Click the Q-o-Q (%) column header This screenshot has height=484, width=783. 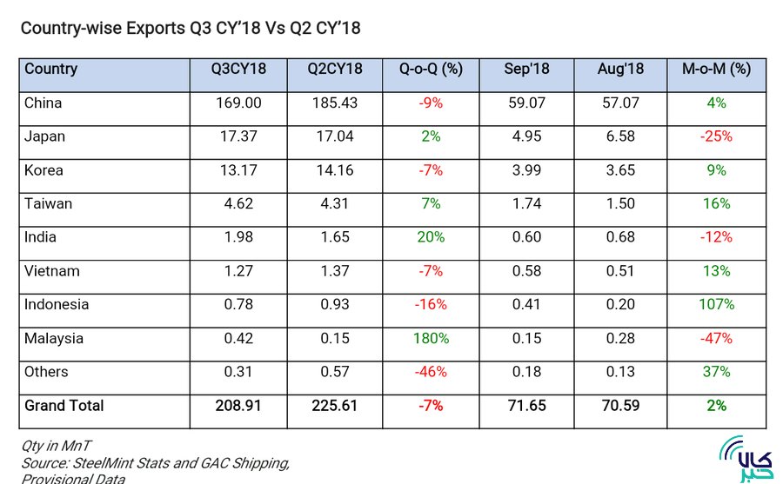(431, 69)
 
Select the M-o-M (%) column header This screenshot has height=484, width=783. (716, 69)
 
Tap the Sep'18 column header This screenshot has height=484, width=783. (526, 69)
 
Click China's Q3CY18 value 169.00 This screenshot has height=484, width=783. (238, 103)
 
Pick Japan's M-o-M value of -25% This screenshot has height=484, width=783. (716, 136)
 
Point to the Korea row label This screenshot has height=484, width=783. (43, 170)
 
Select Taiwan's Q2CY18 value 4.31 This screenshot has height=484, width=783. (335, 203)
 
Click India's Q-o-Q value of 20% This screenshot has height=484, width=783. (431, 237)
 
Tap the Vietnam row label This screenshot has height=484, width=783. (52, 271)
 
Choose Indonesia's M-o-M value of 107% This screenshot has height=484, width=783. (716, 304)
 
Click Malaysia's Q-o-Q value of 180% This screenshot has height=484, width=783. (431, 338)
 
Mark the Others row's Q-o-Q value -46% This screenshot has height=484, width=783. (431, 372)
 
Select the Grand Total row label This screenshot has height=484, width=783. (64, 406)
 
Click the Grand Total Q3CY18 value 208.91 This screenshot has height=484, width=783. (238, 406)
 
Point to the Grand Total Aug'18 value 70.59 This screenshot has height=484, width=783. (620, 406)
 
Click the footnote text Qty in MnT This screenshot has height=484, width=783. (56, 446)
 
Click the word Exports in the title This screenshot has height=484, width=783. (156, 28)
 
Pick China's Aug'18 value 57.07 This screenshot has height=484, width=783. (620, 103)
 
